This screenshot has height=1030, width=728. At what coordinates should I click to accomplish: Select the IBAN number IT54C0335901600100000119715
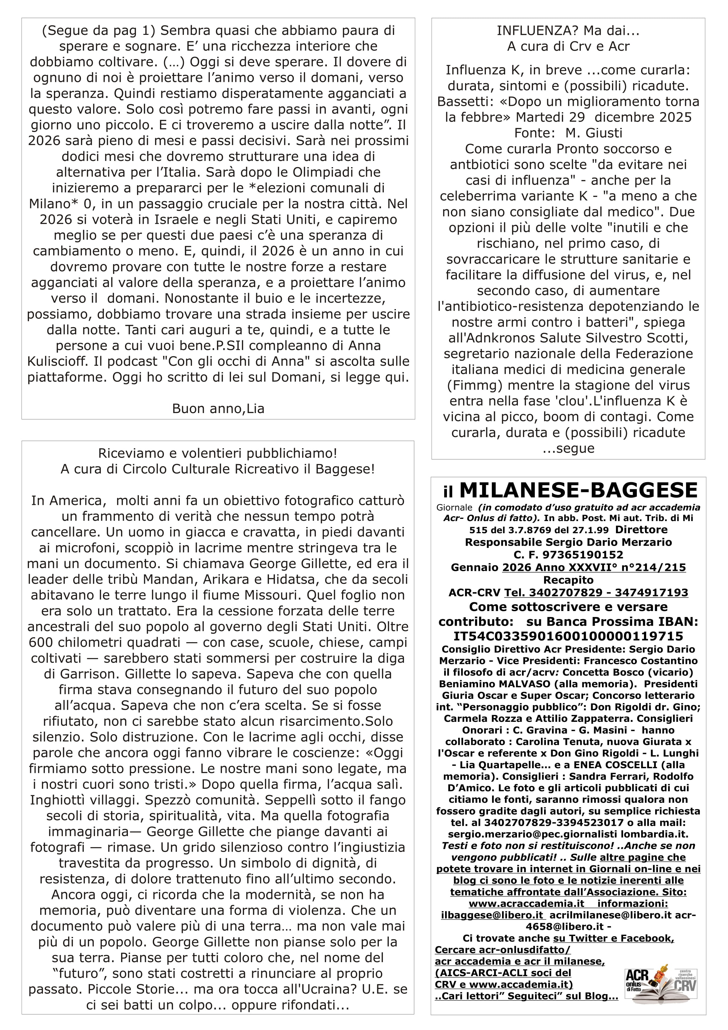(569, 636)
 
